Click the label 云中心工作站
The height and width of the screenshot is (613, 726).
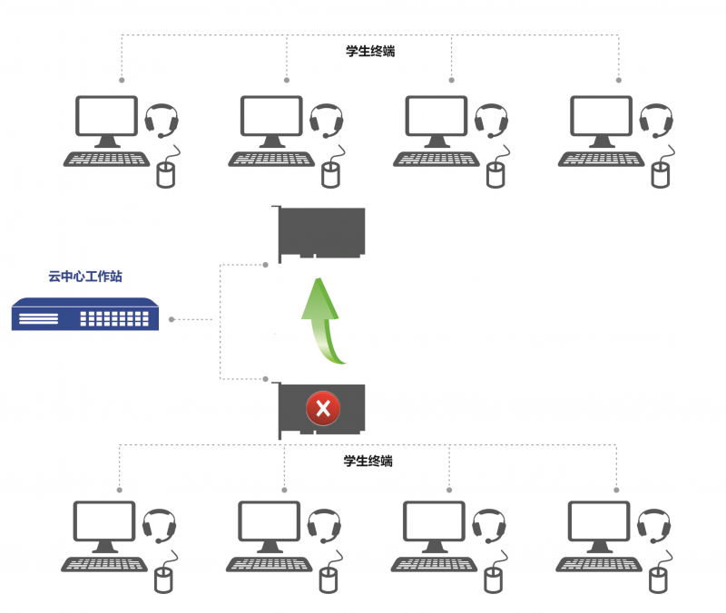coord(85,277)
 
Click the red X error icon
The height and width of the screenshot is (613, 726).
coord(322,409)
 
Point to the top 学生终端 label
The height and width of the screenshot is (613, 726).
coord(370,52)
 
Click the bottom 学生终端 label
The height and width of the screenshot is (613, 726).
coord(368,461)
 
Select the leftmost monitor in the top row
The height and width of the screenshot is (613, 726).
coord(107,121)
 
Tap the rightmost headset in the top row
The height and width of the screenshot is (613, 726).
coord(655,121)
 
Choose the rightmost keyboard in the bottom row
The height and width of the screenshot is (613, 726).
coord(599,563)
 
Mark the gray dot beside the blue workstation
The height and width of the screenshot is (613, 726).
coord(172,319)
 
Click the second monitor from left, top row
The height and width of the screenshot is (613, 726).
coord(271,121)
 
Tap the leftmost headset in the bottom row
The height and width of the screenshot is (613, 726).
coord(160,525)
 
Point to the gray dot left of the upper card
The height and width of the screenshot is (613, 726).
coord(265,265)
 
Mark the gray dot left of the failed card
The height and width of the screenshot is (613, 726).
coord(265,378)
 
